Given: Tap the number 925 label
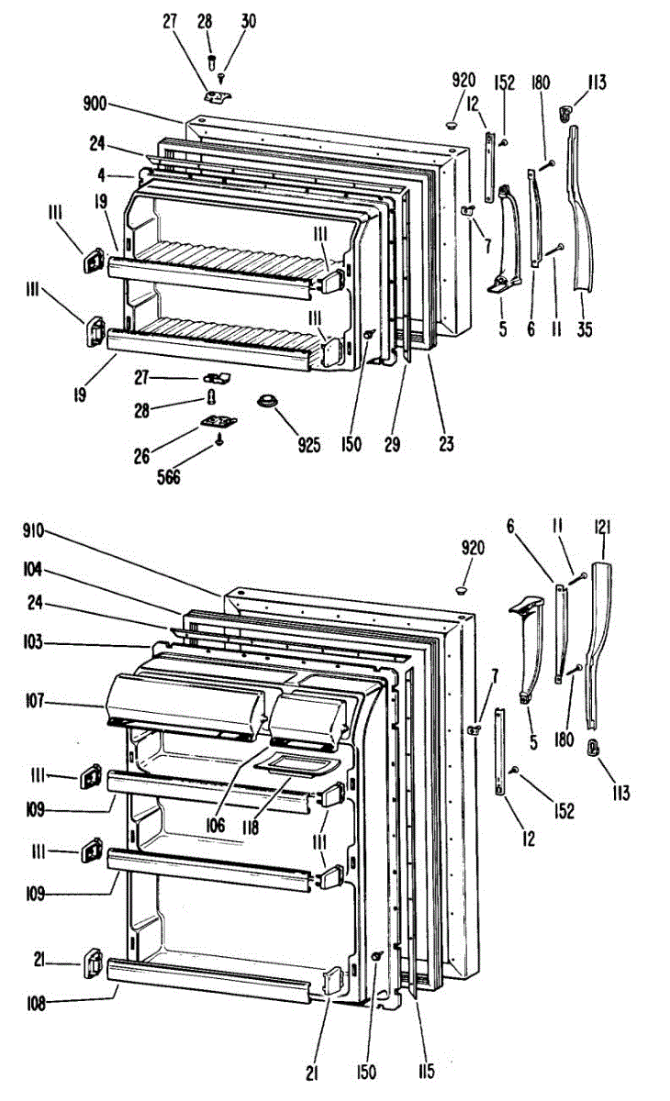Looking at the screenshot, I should tap(308, 446).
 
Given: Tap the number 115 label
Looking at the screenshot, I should tap(423, 1070).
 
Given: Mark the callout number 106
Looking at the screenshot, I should tap(216, 824).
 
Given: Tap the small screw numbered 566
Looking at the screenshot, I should tap(220, 440).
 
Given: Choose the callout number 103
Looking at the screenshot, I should tap(33, 643).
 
